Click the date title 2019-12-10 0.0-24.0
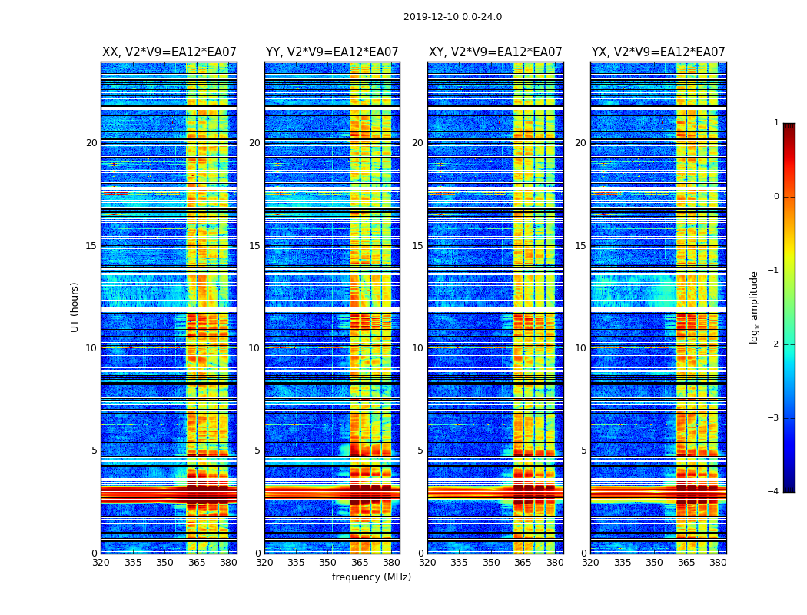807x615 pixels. [452, 17]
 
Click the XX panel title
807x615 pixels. [169, 52]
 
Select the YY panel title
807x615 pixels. [332, 52]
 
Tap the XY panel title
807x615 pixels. [495, 52]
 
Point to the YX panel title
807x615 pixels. [658, 52]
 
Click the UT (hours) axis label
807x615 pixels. [75, 307]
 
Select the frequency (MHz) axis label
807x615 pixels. [371, 577]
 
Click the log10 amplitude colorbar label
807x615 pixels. [755, 307]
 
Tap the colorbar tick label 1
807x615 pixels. [776, 123]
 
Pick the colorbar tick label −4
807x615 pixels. [774, 492]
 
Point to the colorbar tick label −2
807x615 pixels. [774, 344]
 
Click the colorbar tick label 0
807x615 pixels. [776, 197]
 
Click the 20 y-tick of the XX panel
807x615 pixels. [91, 143]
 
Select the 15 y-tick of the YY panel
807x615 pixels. [254, 246]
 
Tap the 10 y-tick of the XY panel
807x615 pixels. [417, 348]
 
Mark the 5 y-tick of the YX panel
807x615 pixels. [583, 450]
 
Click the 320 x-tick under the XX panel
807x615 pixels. [101, 563]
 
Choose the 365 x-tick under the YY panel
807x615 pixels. [360, 563]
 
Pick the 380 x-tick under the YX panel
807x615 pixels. [718, 563]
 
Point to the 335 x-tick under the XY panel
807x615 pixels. [460, 563]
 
